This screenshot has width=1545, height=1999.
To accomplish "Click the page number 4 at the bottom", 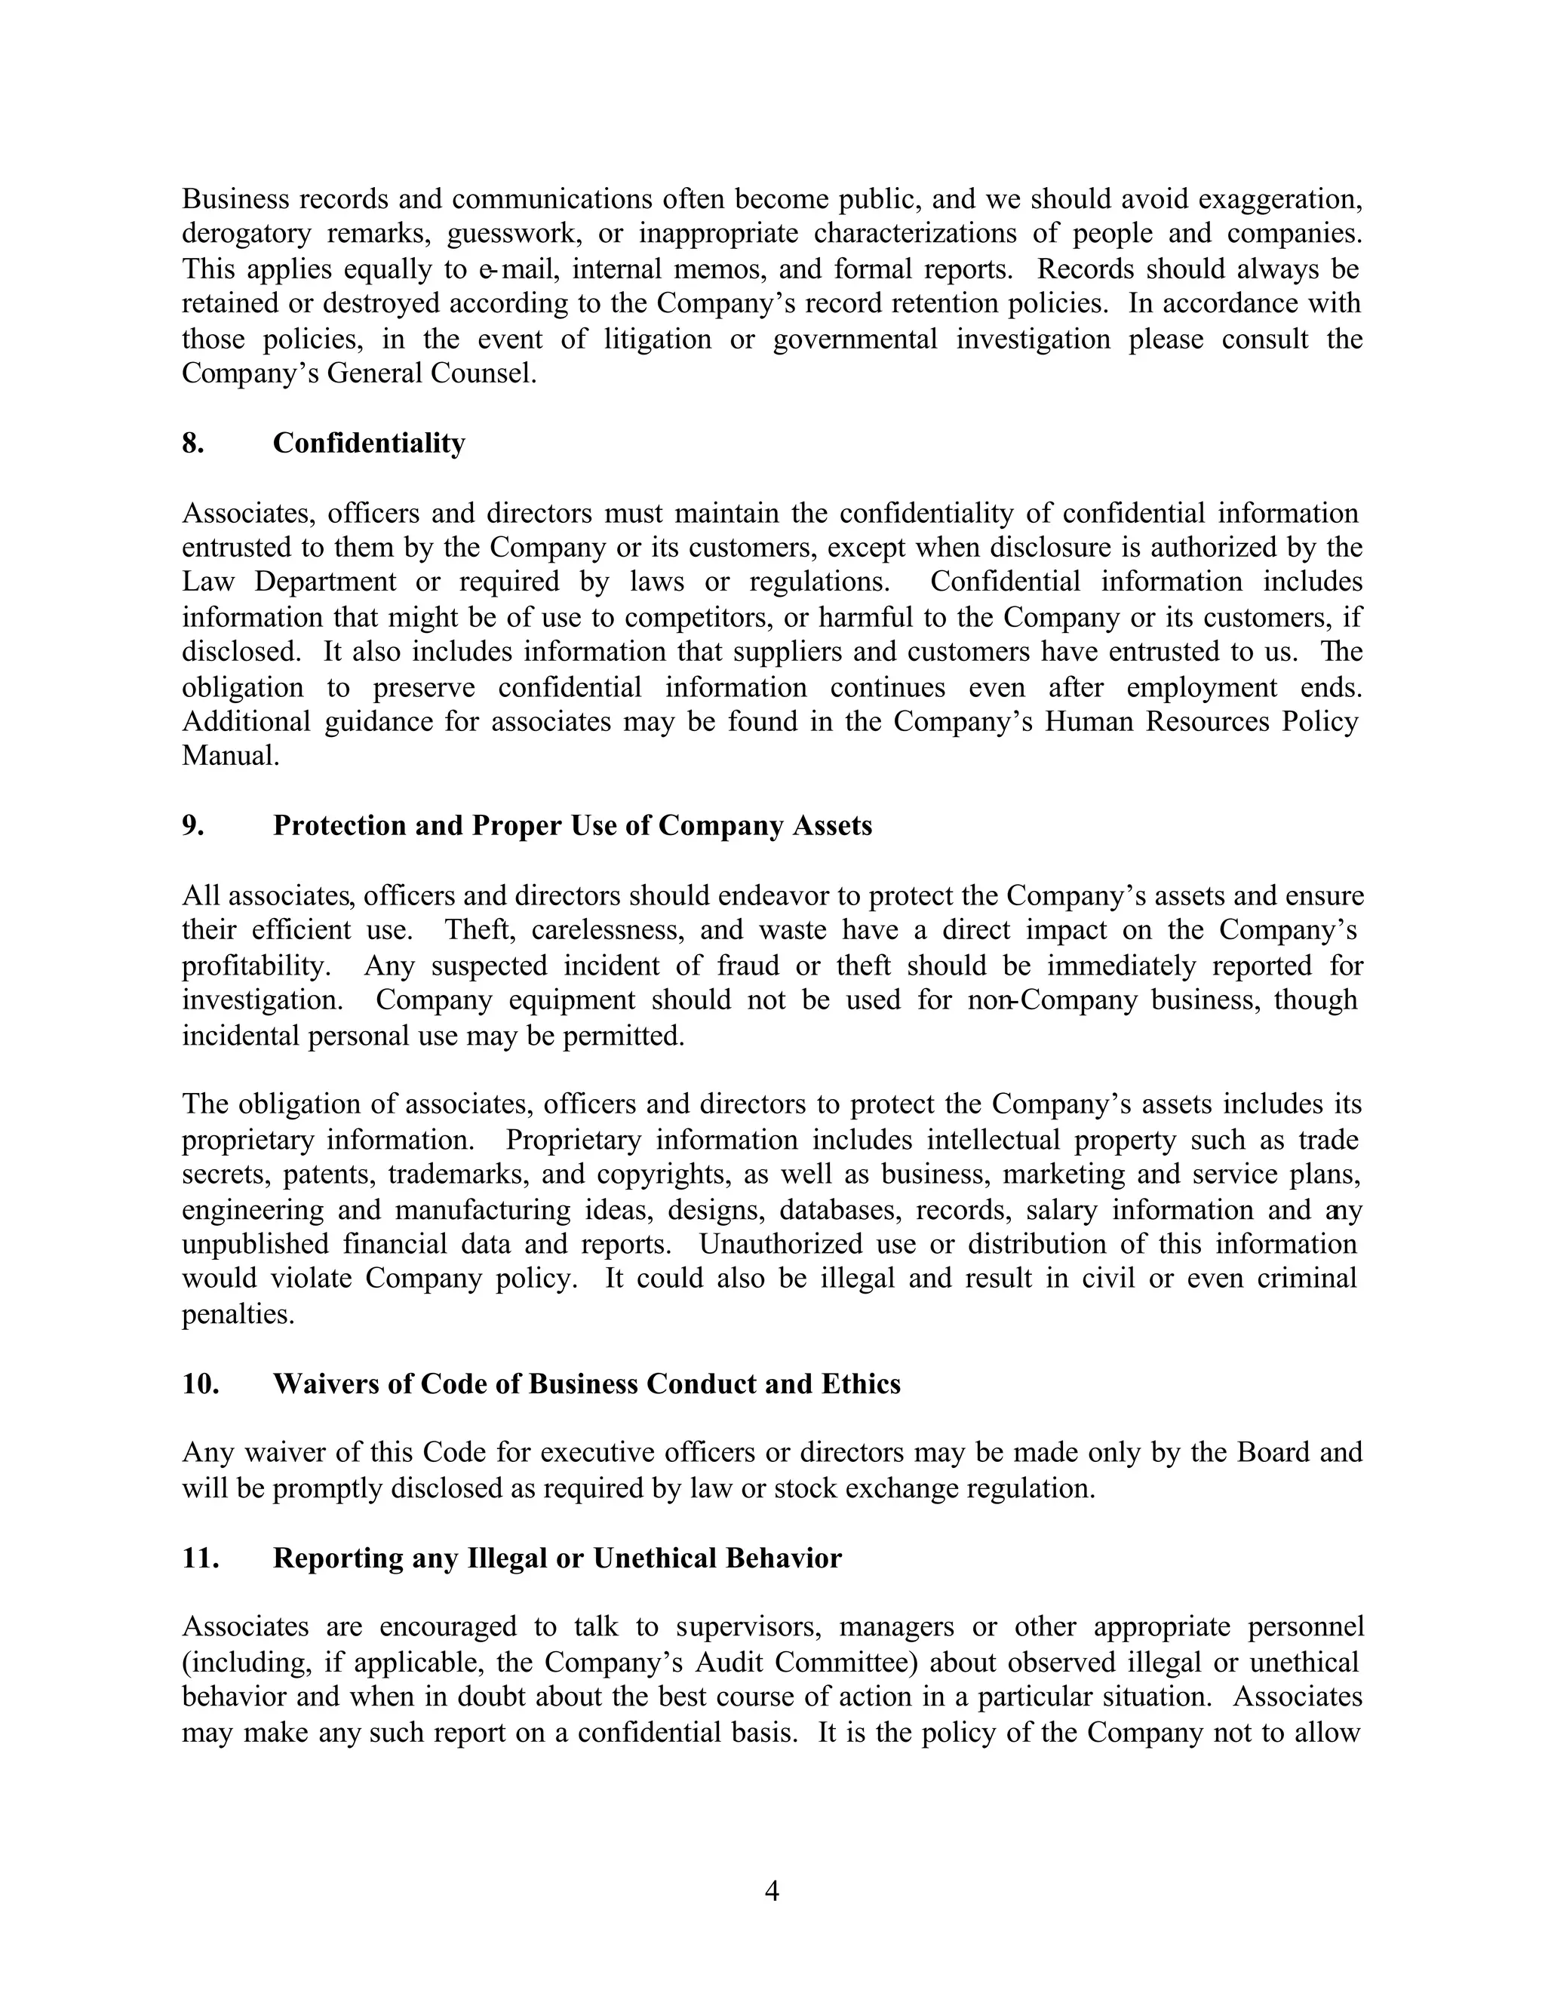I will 772,1891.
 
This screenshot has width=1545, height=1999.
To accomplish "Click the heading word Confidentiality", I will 369,443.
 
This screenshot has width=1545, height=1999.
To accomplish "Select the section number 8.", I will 192,443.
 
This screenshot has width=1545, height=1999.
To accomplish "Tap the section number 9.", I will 192,825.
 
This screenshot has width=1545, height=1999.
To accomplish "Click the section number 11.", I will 201,1557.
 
